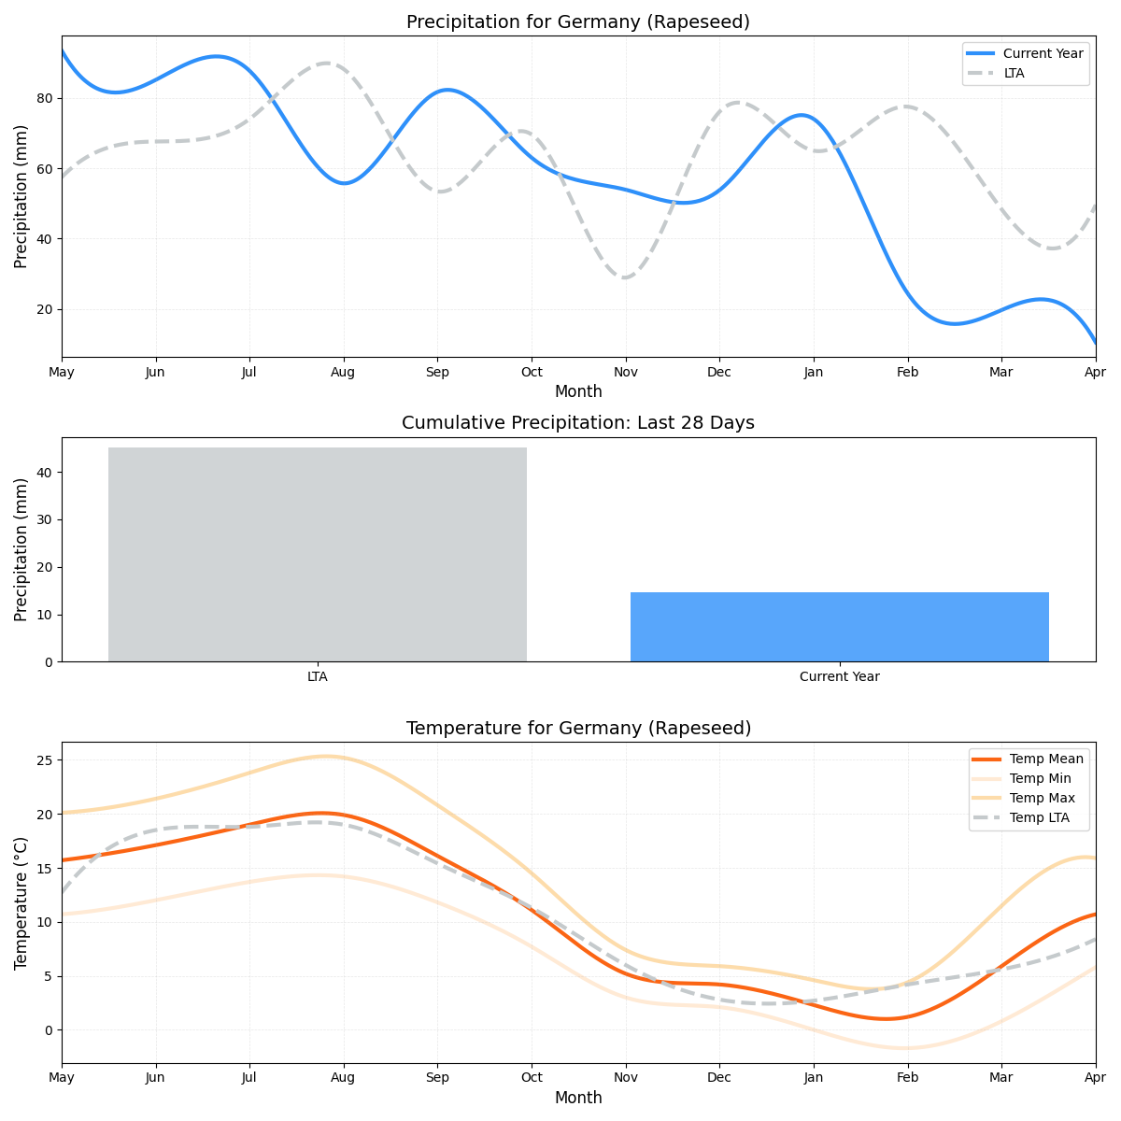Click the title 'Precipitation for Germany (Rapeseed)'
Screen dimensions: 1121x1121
click(578, 22)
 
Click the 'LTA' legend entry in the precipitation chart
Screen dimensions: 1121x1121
click(1014, 73)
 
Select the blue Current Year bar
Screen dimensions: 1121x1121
click(839, 627)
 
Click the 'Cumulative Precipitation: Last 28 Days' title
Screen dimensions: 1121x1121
click(578, 423)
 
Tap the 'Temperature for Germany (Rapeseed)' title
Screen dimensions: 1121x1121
click(578, 729)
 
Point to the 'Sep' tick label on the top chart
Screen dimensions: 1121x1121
click(437, 372)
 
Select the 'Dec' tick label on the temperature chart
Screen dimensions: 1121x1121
click(719, 1078)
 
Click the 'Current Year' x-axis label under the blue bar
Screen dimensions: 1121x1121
click(839, 676)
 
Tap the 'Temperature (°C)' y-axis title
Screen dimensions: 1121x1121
click(21, 902)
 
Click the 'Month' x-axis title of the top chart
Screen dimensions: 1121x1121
click(578, 391)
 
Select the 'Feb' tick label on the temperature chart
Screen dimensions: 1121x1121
click(907, 1078)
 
